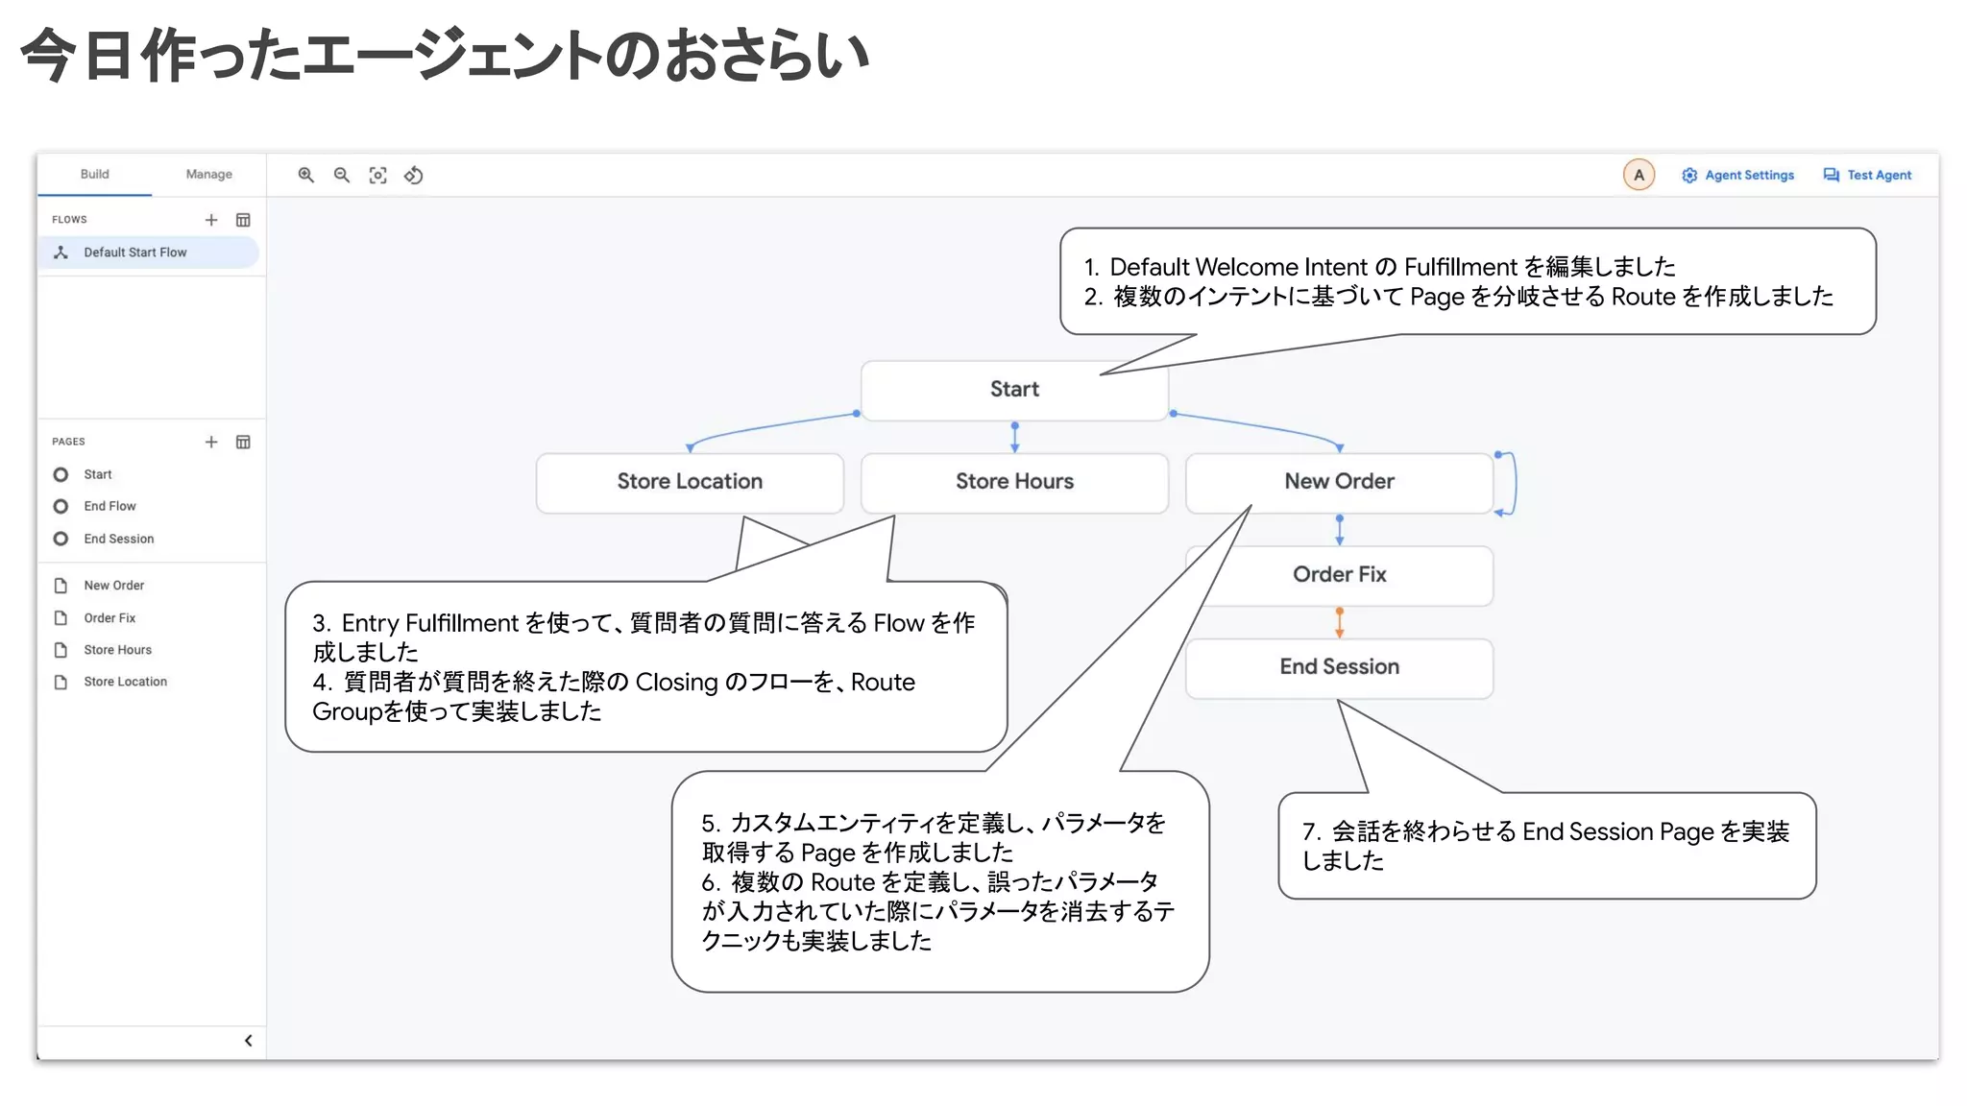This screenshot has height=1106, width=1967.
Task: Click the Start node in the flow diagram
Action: click(1013, 389)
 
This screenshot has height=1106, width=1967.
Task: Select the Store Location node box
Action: click(689, 481)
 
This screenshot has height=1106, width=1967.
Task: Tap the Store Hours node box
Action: click(1013, 481)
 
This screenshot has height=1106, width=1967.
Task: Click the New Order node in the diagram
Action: click(1338, 481)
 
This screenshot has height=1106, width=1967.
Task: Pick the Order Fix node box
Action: click(1338, 574)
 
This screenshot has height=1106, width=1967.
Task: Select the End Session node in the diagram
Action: click(1338, 666)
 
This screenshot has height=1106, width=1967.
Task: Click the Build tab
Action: click(94, 174)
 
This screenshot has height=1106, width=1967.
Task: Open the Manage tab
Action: click(208, 174)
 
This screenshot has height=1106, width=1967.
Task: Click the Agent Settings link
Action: click(1737, 175)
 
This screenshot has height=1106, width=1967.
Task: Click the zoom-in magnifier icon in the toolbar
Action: click(305, 175)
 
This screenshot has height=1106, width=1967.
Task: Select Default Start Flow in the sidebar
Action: click(134, 252)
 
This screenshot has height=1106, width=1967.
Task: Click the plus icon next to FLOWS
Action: click(211, 220)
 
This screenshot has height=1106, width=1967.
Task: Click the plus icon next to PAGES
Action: click(211, 442)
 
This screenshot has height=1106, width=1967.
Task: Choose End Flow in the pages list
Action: click(109, 506)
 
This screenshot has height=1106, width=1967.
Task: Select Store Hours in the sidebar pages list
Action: click(117, 650)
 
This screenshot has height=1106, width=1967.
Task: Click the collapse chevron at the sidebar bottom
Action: click(248, 1041)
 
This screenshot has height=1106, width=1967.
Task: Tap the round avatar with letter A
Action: click(1639, 175)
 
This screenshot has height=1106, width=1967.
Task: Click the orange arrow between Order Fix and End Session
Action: click(1339, 622)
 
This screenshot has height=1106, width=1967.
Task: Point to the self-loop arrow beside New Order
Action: click(1512, 483)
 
